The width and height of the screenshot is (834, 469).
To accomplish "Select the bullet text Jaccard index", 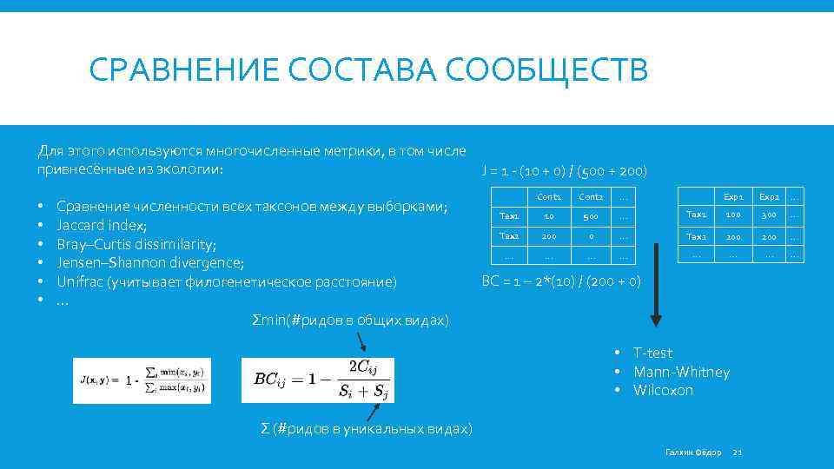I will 102,225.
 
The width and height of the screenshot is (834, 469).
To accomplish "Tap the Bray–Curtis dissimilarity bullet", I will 136,244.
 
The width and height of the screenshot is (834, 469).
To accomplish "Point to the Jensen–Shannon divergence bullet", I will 150,262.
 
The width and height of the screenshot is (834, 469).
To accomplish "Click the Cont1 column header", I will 549,196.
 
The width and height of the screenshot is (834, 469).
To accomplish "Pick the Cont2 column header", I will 591,196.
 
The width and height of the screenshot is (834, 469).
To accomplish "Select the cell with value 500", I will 591,215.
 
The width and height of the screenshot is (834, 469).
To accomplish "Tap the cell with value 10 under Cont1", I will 549,215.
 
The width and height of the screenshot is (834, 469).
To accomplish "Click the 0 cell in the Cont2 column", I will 591,236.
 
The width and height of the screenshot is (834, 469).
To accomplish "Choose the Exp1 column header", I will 733,196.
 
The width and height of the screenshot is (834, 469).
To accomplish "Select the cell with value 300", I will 769,215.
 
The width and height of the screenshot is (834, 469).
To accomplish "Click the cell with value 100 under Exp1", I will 733,215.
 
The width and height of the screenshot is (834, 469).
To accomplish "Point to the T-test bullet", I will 652,353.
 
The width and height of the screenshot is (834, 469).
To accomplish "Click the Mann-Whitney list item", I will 681,372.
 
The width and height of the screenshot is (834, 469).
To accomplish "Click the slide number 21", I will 738,452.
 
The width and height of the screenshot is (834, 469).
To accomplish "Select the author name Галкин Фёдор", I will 692,452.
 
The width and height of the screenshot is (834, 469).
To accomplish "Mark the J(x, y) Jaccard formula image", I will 142,380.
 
